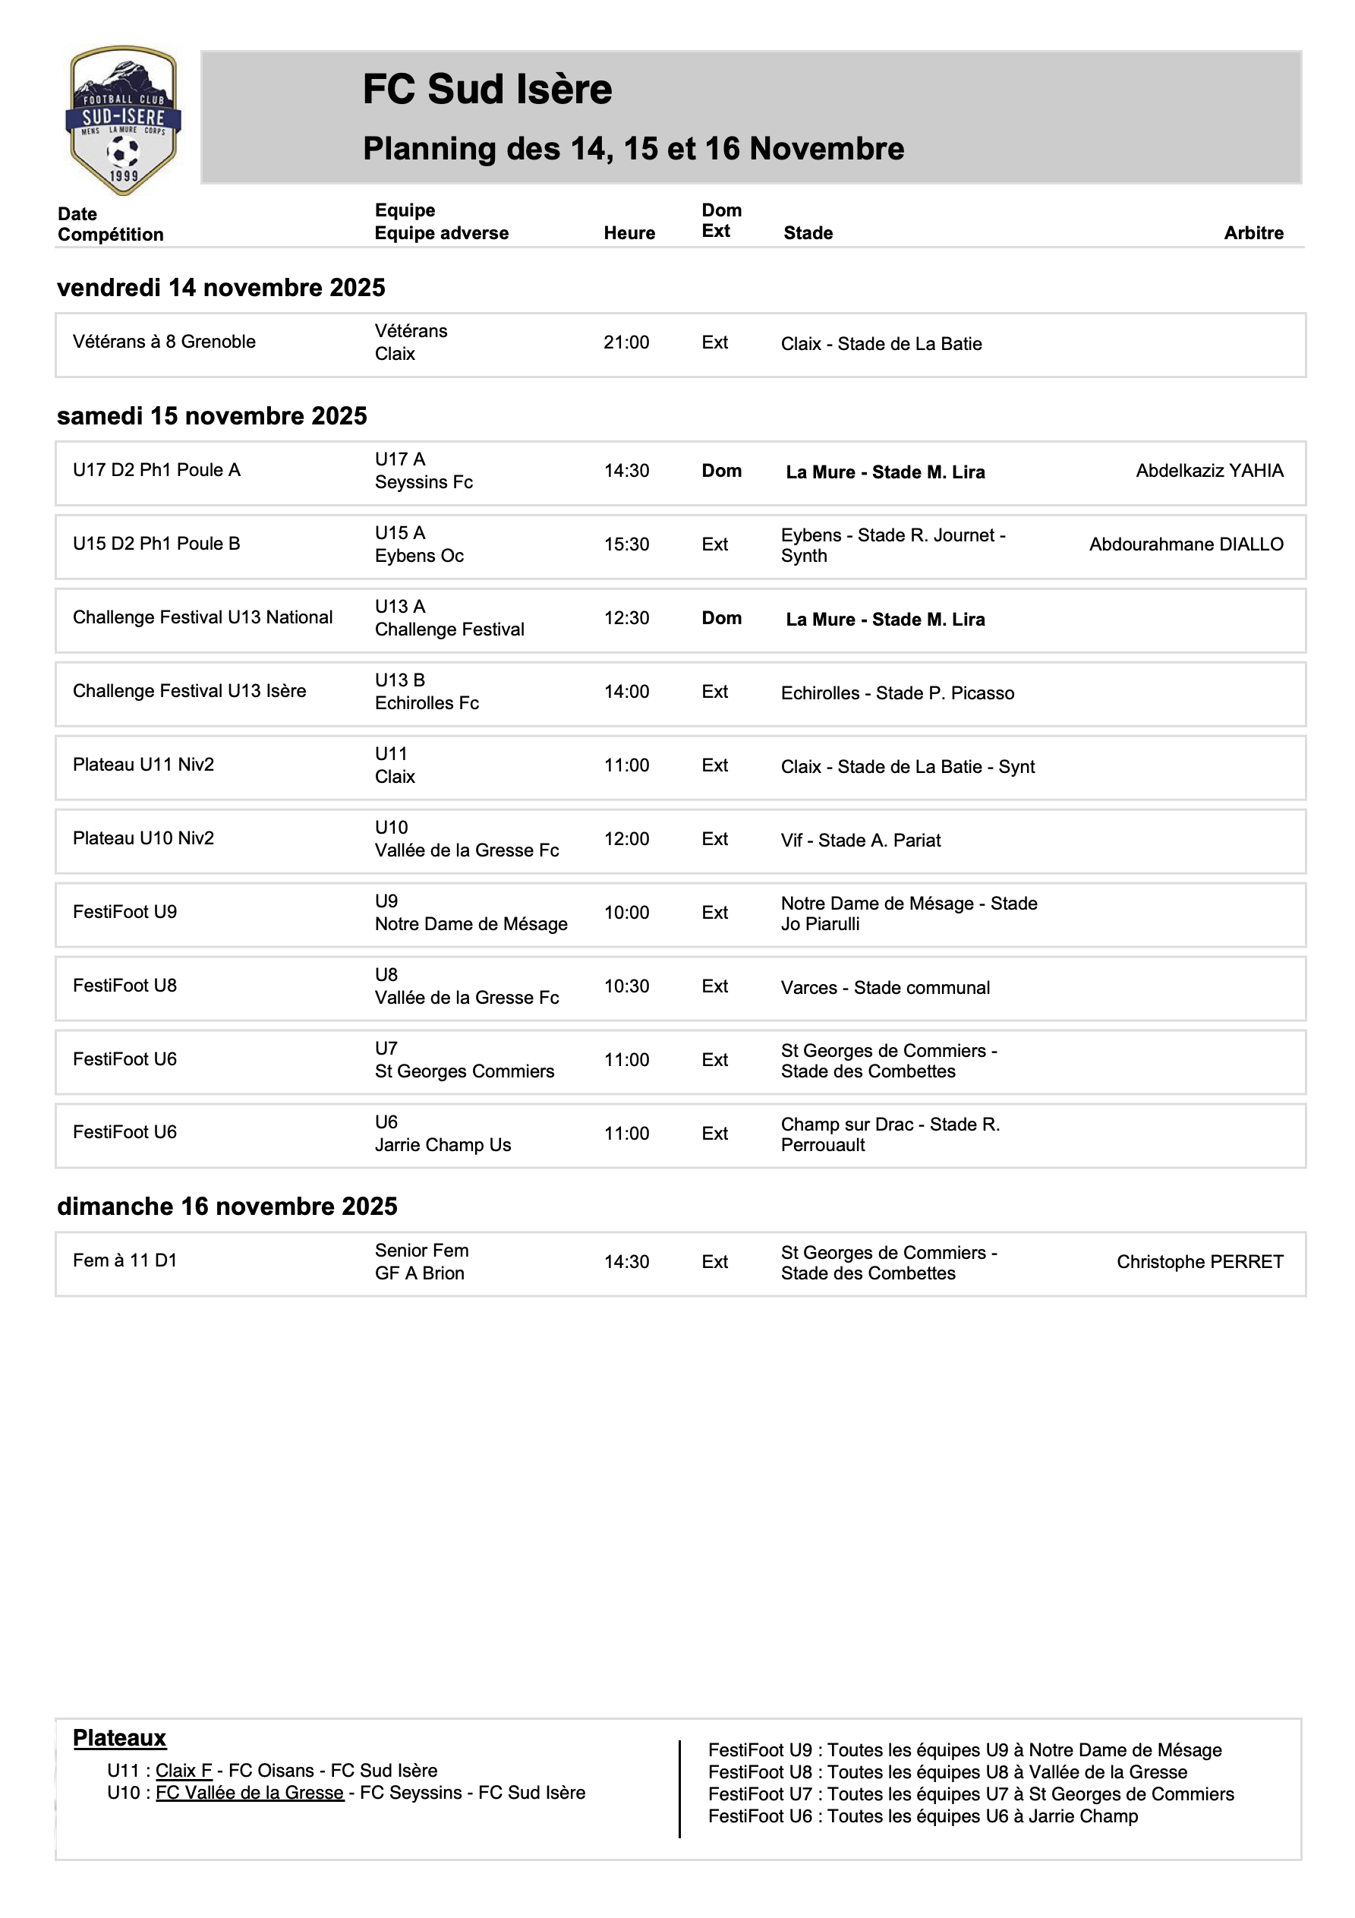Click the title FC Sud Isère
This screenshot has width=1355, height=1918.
[x=487, y=90]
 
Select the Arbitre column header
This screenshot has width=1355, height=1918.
[x=1253, y=233]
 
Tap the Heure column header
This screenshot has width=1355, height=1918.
[x=629, y=233]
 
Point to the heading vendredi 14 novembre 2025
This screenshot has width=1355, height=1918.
[x=222, y=287]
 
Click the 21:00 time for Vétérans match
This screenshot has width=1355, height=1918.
[x=626, y=342]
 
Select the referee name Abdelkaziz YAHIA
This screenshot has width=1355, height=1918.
[x=1208, y=471]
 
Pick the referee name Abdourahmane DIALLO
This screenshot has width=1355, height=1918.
[x=1186, y=544]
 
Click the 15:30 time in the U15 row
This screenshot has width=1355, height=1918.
[x=626, y=544]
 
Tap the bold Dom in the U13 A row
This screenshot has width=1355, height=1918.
[x=721, y=618]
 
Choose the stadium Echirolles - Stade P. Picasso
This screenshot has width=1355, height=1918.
[x=897, y=693]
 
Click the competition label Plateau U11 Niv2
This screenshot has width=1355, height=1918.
[x=143, y=765]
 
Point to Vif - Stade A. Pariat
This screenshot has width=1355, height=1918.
[x=861, y=841]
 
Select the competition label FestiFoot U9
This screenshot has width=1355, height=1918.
[x=125, y=912]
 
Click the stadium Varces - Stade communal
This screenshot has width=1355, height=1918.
[x=884, y=987]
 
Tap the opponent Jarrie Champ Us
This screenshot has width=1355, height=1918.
[x=443, y=1145]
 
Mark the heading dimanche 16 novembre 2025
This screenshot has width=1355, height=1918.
[x=227, y=1207]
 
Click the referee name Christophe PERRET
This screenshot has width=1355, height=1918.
[x=1199, y=1261]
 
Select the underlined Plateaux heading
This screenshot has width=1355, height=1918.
[x=119, y=1737]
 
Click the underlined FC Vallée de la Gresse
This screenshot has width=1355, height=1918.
[x=250, y=1793]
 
